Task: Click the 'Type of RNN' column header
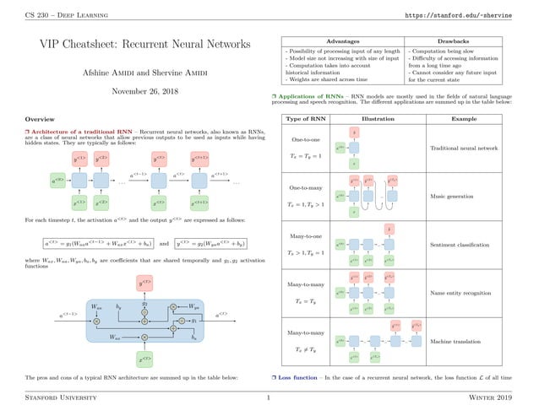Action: [302, 119]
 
